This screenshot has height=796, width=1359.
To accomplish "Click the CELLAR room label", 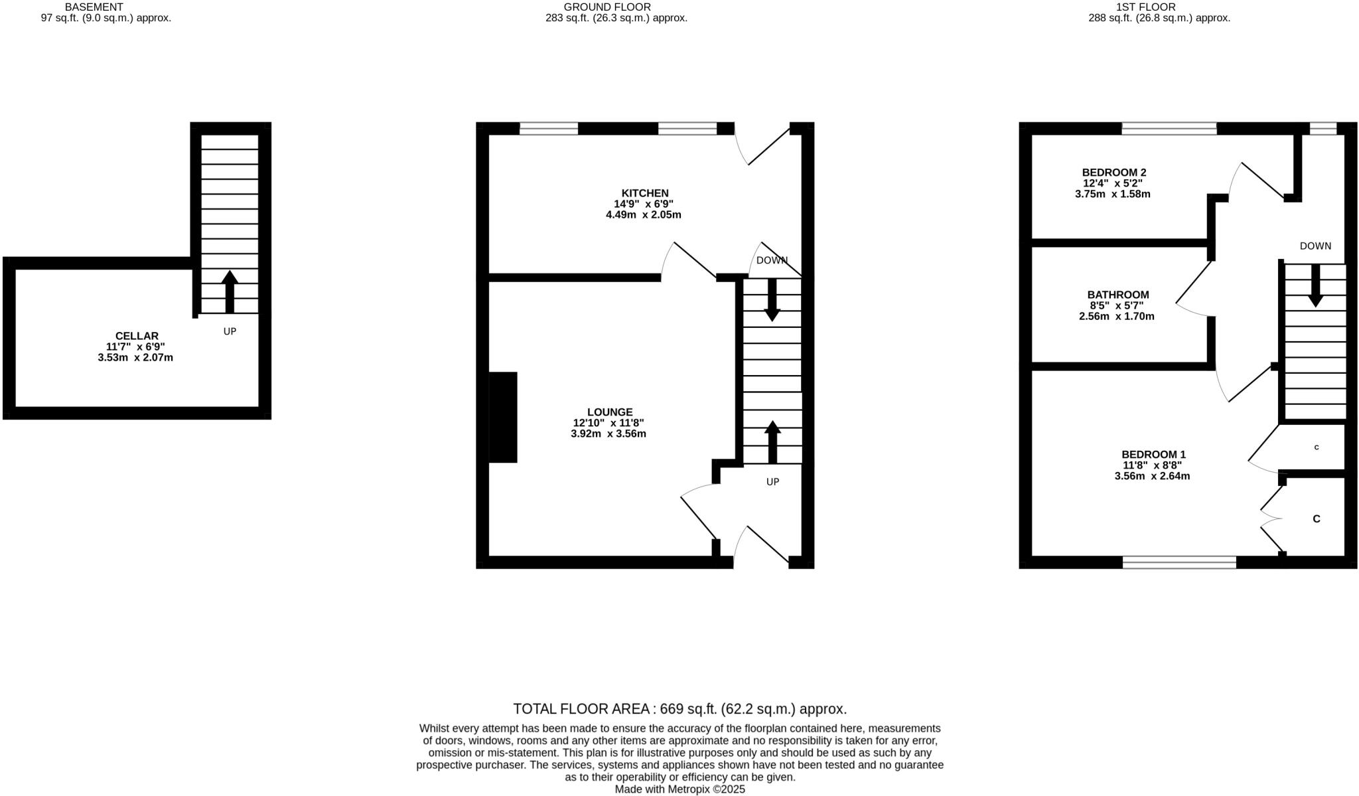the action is coord(137,336).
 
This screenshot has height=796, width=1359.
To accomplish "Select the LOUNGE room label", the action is coord(610,412).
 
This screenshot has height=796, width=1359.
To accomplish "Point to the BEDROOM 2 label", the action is coord(1114,172).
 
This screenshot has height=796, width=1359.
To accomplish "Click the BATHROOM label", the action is coord(1118,294).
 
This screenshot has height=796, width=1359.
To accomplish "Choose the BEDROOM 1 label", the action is coord(1153,454).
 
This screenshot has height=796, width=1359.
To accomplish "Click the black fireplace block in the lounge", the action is coord(503,417).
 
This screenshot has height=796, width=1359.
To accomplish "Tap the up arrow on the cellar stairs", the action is coord(230,291).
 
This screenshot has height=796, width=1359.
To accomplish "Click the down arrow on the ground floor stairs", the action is coord(772,300).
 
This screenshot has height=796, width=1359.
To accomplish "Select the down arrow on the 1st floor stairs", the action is coord(1315,286).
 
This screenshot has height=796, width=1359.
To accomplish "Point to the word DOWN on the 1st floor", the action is coord(1315,246).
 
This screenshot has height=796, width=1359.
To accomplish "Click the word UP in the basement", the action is coord(230,331).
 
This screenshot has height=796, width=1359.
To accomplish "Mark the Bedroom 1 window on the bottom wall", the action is coord(1180,562).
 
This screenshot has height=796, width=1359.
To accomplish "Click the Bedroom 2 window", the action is coord(1169,128).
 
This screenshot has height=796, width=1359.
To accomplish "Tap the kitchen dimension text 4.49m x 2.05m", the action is coord(644,215).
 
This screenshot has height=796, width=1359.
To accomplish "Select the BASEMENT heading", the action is coord(94,7).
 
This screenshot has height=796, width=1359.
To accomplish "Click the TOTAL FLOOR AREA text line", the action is coord(680,708).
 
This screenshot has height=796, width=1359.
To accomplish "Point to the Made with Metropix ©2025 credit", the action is coord(680,789).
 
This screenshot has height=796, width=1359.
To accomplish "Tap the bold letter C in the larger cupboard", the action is coord(1317,518).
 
